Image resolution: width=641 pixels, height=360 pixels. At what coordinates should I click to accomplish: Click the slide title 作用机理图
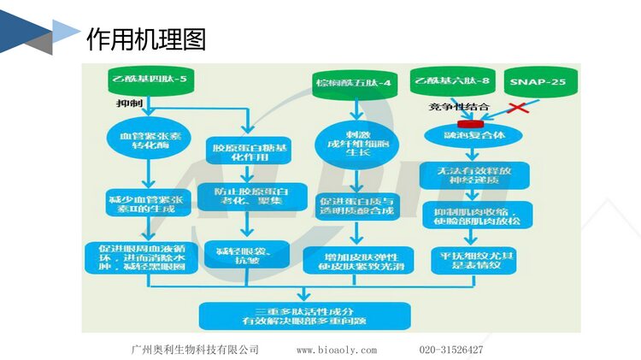click(x=146, y=38)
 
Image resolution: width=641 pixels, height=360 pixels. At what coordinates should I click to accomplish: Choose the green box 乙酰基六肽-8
click(x=450, y=81)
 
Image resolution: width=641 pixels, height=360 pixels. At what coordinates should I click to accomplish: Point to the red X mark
click(x=517, y=109)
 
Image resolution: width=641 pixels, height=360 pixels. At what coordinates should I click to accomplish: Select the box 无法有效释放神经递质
click(x=479, y=176)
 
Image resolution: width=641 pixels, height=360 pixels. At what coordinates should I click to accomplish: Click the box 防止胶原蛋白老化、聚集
click(x=248, y=196)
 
